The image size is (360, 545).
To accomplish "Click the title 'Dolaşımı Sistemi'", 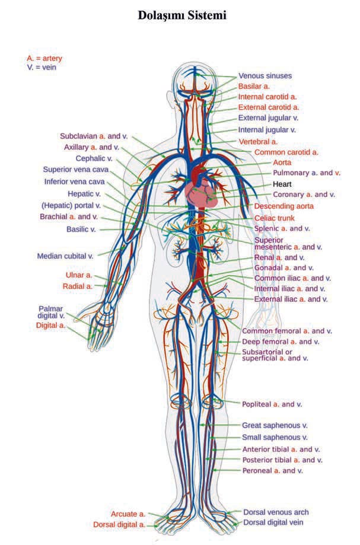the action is pos(182,15).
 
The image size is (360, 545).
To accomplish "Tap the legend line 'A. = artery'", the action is pos(44,58).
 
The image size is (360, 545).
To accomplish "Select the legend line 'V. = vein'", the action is pos(42,68).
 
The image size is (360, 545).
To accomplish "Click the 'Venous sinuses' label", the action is pos(265,76).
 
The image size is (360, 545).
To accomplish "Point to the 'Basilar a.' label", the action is pos(254,86).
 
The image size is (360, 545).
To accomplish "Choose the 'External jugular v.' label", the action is pos(268,118).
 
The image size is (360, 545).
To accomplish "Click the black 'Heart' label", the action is pos(282,184).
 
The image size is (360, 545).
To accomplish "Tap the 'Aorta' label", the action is pos(282,162).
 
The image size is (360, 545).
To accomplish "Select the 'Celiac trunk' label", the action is pos(275,218).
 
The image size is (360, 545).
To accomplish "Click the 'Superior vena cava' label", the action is pos(76,169).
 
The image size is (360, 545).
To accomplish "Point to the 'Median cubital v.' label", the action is pos(65,256).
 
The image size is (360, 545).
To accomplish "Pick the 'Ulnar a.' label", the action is pos(79,275).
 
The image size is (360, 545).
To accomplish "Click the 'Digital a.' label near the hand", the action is pos(51,326).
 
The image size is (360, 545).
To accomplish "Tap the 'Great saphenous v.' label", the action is pos(275,425).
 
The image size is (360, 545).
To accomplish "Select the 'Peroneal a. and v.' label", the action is pos(273,471).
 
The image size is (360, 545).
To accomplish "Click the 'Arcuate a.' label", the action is pos(128,514).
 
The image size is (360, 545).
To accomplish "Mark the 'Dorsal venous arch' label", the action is pos(276,512).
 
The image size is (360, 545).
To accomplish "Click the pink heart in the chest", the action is pos(202,195).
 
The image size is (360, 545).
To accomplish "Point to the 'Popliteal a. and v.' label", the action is pos(272,404).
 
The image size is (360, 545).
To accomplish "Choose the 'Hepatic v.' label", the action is pos(84,193).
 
